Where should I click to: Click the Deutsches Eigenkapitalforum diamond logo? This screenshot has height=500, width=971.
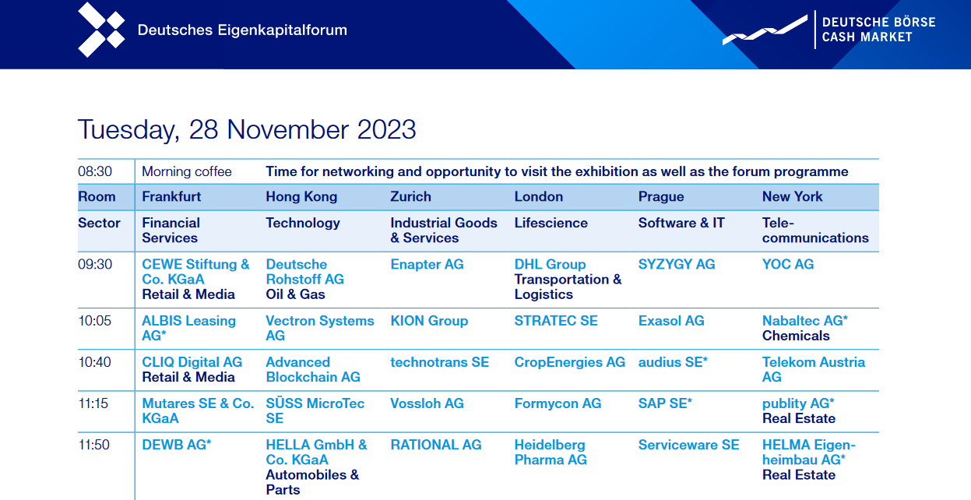[x=101, y=30]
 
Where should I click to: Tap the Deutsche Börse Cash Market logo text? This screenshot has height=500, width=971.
[x=878, y=30]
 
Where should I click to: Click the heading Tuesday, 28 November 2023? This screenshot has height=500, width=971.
[x=247, y=129]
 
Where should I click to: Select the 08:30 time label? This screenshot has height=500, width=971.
[x=95, y=172]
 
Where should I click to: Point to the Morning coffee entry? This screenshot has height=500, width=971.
[x=187, y=172]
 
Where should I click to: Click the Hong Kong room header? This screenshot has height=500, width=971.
[x=301, y=197]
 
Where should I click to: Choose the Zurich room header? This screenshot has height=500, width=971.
[x=410, y=197]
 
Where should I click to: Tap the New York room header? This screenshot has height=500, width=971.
[x=792, y=197]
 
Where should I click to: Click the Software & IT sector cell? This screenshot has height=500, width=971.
[x=681, y=224]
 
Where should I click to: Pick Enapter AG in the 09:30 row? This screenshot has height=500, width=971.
[x=427, y=265]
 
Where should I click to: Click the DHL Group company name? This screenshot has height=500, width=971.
[x=550, y=265]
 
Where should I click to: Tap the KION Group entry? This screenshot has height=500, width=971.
[x=429, y=321]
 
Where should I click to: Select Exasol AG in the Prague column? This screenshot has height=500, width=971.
[x=671, y=321]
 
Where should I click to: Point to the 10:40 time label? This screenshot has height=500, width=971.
[x=95, y=362]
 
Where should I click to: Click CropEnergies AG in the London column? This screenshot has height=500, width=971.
[x=570, y=362]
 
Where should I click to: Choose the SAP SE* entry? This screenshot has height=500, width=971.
[x=665, y=403]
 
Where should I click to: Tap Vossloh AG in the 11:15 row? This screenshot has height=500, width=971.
[x=427, y=403]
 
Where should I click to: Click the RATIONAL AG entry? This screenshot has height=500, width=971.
[x=436, y=445]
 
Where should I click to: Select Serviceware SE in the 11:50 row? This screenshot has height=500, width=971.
[x=688, y=445]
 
